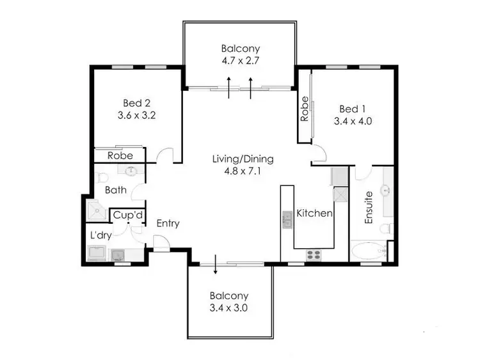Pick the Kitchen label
315,213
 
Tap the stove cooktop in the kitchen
314,255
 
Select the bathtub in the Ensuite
367,251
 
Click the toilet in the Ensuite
385,229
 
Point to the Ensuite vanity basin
386,191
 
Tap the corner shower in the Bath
97,209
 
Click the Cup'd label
128,215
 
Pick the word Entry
168,224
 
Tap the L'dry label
101,235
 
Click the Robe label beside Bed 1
305,109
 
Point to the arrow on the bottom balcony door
216,267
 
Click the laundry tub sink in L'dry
118,256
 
